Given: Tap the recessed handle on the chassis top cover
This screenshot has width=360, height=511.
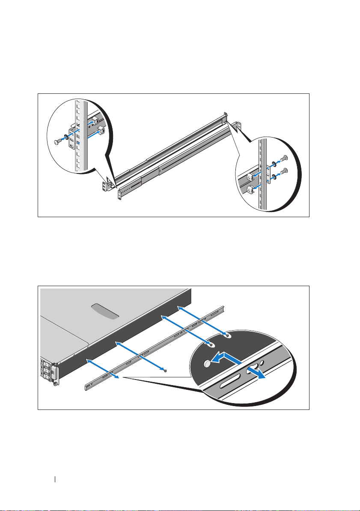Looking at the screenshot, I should [106, 311].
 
